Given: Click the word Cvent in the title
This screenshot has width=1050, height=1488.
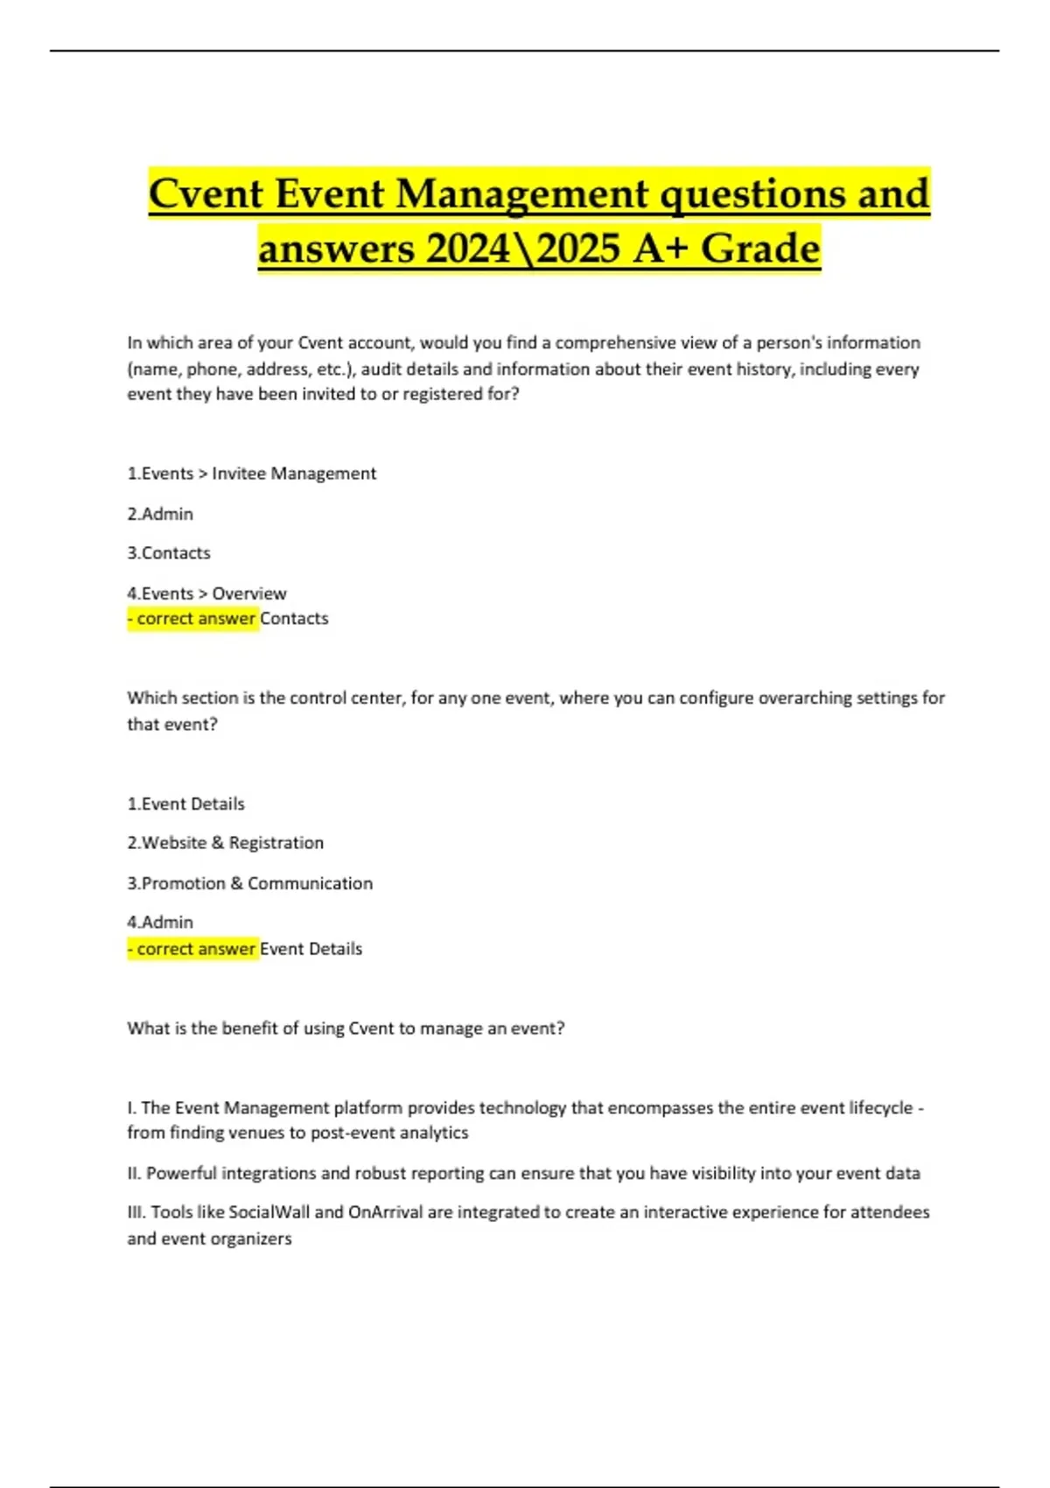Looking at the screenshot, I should pyautogui.click(x=206, y=193).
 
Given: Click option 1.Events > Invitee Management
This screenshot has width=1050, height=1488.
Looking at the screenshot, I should pyautogui.click(x=252, y=474).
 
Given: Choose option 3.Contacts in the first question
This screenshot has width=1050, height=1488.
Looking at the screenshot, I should pyautogui.click(x=169, y=553).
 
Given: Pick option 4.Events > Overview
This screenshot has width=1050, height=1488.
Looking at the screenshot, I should pyautogui.click(x=206, y=593).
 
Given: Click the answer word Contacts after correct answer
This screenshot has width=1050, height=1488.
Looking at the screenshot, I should pyautogui.click(x=294, y=619).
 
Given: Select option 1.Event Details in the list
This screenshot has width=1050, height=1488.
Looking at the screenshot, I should pyautogui.click(x=185, y=804).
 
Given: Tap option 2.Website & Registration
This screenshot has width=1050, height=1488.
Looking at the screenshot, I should pyautogui.click(x=225, y=843).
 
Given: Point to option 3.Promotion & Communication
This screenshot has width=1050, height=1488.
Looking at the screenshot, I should pyautogui.click(x=249, y=883).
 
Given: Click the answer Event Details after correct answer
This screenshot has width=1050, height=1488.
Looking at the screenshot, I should pyautogui.click(x=311, y=949).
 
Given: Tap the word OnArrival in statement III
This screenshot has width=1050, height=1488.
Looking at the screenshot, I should pyautogui.click(x=386, y=1212).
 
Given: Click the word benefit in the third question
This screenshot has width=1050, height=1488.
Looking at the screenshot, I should pyautogui.click(x=249, y=1028).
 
